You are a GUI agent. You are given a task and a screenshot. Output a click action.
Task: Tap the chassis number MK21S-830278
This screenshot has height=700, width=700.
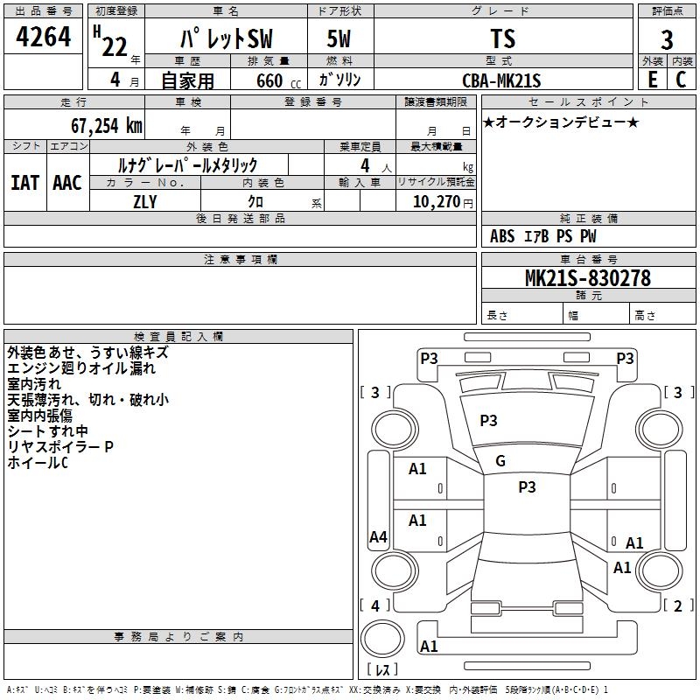click(x=587, y=278)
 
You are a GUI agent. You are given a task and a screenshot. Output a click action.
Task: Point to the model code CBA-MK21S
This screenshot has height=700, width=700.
click(x=502, y=80)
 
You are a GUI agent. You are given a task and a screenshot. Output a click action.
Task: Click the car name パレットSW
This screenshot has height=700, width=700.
click(x=225, y=39)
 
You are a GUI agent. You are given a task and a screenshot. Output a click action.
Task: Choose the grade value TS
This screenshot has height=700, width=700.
click(x=503, y=39)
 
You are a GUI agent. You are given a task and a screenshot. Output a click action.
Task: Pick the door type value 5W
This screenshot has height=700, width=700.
click(x=339, y=40)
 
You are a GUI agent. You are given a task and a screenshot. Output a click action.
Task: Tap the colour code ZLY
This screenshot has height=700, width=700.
click(x=145, y=200)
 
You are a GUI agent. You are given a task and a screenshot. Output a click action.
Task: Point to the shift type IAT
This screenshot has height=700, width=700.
click(x=24, y=183)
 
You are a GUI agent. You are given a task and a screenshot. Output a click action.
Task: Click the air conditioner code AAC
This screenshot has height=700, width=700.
click(x=67, y=183)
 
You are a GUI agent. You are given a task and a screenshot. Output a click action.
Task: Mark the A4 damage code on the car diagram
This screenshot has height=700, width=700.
click(x=378, y=537)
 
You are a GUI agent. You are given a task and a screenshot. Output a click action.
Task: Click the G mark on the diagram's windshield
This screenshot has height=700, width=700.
click(x=500, y=461)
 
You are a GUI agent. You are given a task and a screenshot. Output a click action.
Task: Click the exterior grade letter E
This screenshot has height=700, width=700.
click(x=652, y=79)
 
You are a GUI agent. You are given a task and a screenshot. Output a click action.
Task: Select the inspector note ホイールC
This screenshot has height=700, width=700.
click(x=37, y=462)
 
